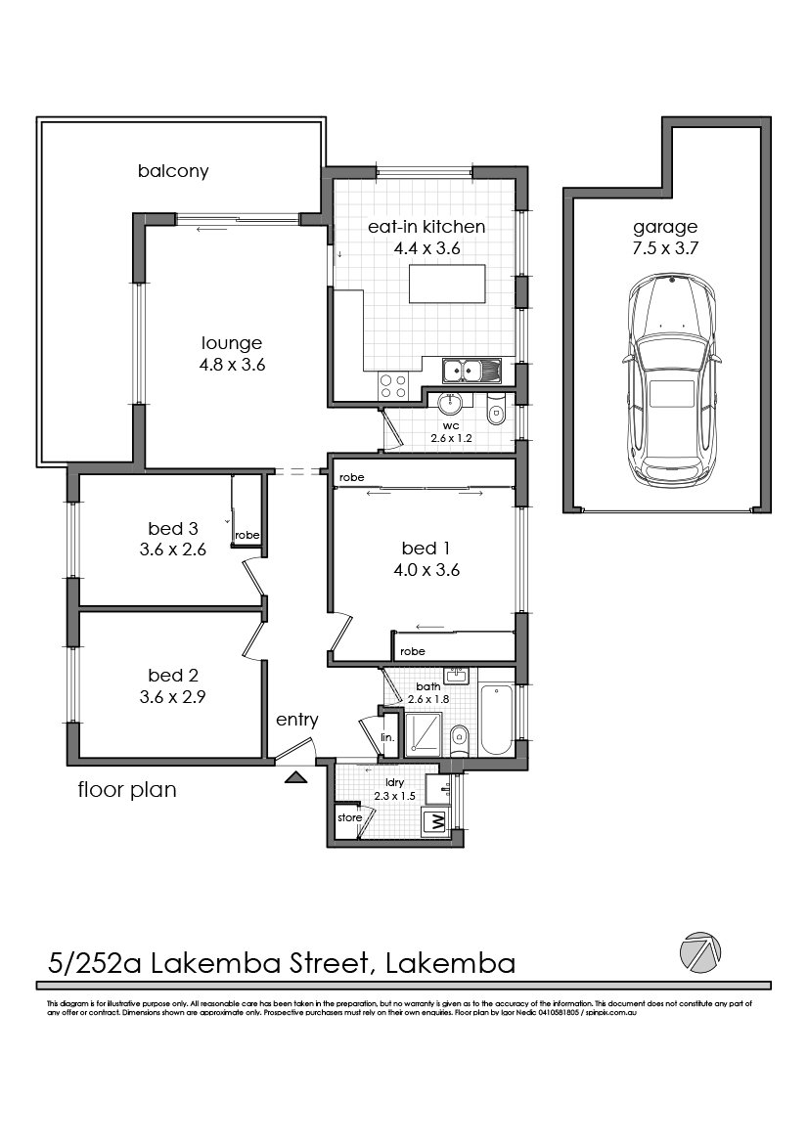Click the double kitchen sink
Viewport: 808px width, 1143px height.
click(471, 371)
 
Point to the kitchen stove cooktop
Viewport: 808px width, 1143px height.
click(393, 386)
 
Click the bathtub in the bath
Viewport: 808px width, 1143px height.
click(497, 720)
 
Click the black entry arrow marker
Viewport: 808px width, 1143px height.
click(294, 777)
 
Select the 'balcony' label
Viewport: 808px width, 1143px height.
click(173, 171)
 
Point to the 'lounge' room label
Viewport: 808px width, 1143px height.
click(232, 343)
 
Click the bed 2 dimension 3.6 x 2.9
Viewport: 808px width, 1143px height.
click(172, 697)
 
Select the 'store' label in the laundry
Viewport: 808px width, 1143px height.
click(349, 817)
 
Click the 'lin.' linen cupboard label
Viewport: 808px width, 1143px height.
click(386, 737)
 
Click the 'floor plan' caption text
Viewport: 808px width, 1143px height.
click(127, 789)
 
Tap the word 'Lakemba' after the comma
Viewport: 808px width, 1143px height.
click(451, 964)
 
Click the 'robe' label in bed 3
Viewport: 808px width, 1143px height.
click(247, 535)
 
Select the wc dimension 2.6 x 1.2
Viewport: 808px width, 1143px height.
click(451, 438)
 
